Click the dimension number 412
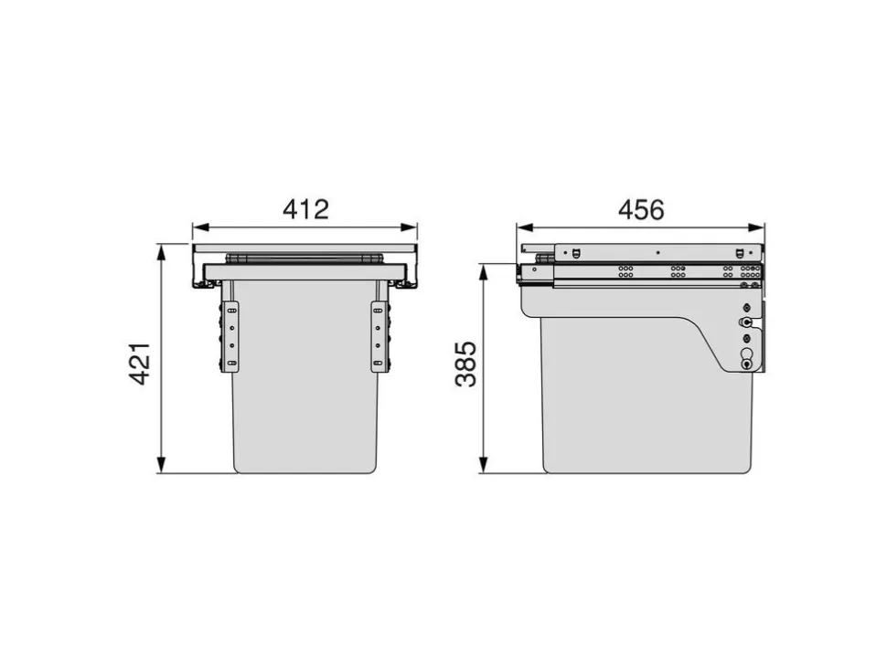305,209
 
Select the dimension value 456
641,210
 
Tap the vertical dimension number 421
140,364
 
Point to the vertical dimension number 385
466,364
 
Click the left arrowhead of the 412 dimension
201,227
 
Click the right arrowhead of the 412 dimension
409,227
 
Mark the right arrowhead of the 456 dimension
756,227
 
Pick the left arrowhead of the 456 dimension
525,227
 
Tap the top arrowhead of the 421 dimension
162,252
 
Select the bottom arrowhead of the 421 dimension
162,465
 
